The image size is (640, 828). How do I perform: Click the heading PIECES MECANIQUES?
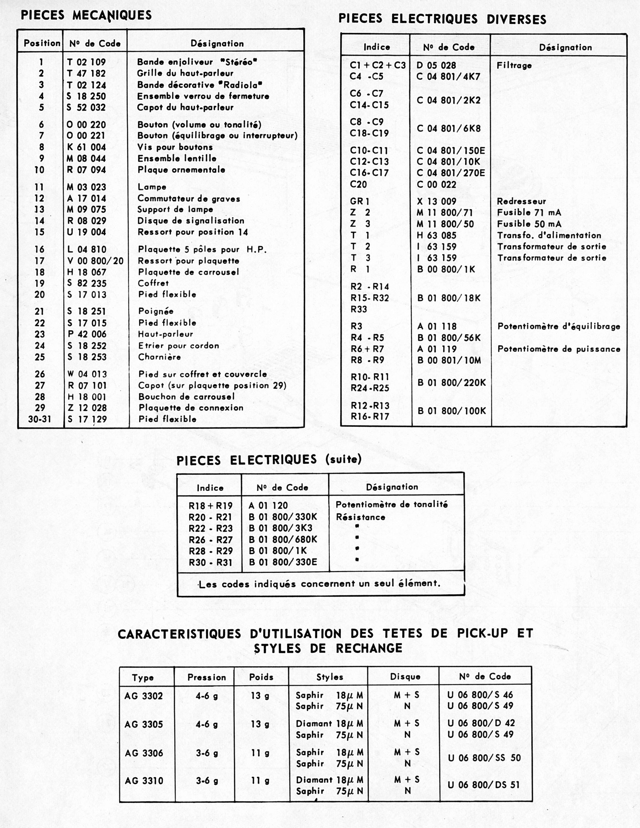point(86,15)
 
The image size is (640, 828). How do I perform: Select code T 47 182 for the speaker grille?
point(87,73)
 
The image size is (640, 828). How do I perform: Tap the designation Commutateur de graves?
point(189,199)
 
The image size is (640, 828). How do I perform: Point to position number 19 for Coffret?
point(40,284)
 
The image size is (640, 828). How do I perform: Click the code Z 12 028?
point(87,408)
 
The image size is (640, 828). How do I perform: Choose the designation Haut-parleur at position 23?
point(165,334)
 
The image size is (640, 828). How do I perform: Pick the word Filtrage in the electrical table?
point(514,66)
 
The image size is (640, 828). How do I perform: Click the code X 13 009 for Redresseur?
point(436,202)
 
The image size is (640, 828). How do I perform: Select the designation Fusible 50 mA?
point(529,224)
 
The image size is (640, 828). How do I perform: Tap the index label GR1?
point(360,202)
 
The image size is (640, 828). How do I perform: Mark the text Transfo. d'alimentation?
point(549,235)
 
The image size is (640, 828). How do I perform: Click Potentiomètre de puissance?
point(559,349)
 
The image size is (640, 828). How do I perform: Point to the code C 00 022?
point(436,185)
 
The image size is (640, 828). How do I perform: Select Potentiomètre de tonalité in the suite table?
point(392,505)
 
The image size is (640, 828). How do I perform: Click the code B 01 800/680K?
point(283,540)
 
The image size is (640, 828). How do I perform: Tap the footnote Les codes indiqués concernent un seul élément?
point(320,584)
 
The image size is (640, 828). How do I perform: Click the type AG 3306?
point(144,753)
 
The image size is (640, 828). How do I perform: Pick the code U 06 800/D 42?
point(481,723)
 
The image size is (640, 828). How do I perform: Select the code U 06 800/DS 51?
point(483,785)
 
